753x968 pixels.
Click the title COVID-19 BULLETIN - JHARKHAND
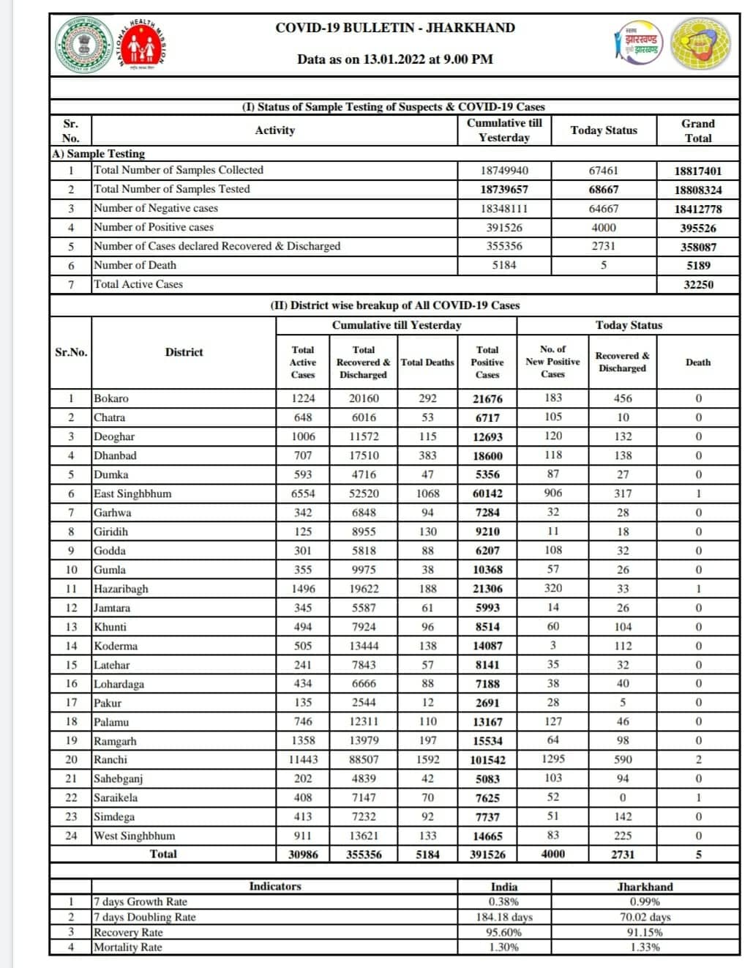(394, 28)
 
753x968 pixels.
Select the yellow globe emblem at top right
(700, 44)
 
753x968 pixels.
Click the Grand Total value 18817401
(697, 171)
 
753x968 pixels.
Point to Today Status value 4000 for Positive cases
(603, 228)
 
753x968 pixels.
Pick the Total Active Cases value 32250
(697, 285)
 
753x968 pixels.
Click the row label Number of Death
(135, 265)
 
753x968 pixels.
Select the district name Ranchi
(110, 759)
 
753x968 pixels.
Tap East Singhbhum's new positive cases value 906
(552, 493)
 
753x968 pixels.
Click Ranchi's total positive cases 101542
(487, 760)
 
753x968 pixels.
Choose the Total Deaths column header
(427, 362)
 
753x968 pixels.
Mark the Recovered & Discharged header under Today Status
(622, 362)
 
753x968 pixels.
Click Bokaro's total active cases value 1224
(302, 398)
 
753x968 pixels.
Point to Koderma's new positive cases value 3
(552, 645)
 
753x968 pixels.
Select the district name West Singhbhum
(135, 835)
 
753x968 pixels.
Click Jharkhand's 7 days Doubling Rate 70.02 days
(645, 917)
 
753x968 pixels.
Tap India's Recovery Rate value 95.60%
(503, 932)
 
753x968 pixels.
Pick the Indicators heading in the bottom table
(274, 886)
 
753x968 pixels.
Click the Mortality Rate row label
(128, 947)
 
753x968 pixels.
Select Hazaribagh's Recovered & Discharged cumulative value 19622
(363, 588)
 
